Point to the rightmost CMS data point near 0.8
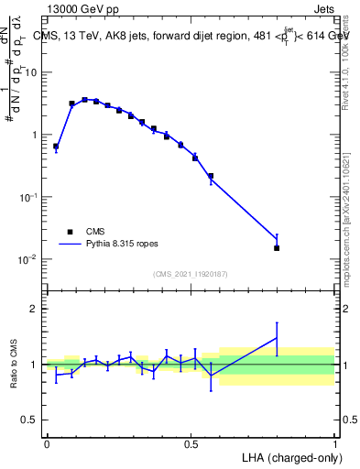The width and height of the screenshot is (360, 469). click(277, 248)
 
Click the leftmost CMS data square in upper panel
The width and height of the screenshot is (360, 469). click(56, 146)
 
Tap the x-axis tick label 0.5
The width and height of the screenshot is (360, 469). click(191, 444)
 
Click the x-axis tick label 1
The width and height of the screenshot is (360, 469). click(335, 444)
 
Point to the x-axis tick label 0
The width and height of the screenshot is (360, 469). click(47, 444)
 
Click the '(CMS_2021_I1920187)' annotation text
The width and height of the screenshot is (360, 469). click(190, 274)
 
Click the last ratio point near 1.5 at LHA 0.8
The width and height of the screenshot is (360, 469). click(277, 338)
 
